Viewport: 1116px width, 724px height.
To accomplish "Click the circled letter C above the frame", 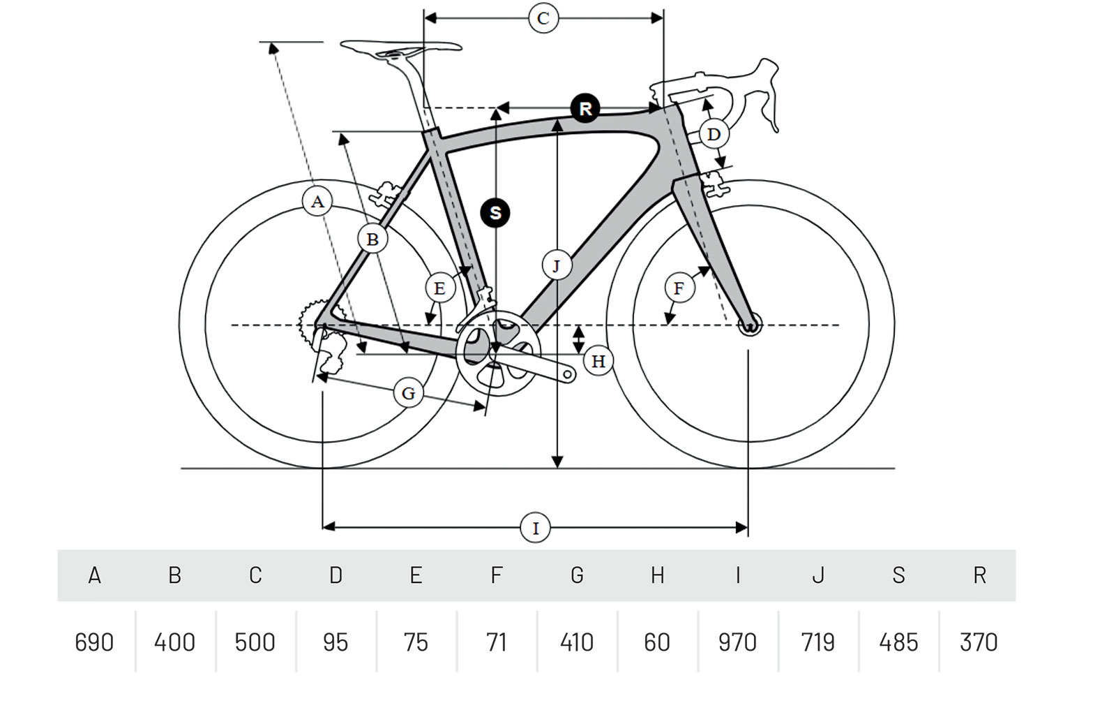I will (543, 18).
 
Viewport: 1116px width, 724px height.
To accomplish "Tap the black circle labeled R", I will (585, 108).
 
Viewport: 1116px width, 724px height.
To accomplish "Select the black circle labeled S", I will (495, 212).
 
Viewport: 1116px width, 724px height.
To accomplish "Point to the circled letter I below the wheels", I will (535, 528).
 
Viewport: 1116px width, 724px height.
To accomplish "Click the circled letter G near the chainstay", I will (408, 393).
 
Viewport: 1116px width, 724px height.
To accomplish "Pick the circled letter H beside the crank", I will (598, 361).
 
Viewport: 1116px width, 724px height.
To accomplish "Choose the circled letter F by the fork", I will (679, 288).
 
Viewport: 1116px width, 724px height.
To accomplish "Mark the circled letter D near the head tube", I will (713, 134).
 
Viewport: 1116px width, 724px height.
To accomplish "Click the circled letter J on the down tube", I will (556, 265).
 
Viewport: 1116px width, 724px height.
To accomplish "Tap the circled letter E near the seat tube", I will (439, 288).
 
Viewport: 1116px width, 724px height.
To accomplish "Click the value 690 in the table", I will (94, 642).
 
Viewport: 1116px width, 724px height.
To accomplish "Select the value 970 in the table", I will (737, 642).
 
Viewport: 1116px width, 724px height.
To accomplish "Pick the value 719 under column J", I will (817, 642).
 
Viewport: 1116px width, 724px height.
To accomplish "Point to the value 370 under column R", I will (979, 642).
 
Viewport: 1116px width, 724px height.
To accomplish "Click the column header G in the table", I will (577, 575).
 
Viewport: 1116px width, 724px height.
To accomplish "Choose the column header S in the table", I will (898, 575).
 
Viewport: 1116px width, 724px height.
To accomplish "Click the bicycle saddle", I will (400, 47).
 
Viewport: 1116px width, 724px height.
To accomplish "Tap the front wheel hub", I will (751, 325).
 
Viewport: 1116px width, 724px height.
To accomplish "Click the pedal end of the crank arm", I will (568, 376).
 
